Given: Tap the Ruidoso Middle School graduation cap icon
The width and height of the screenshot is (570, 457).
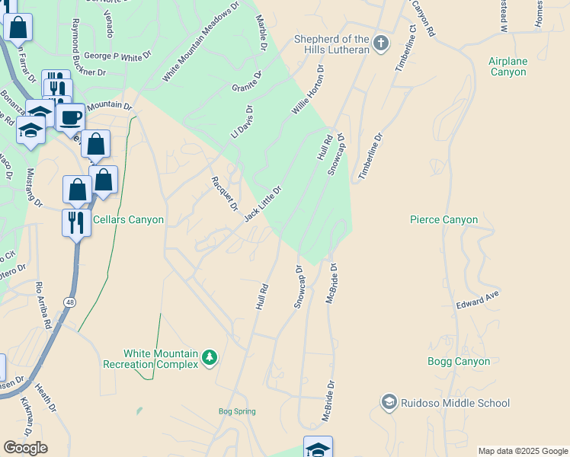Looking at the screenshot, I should pos(389,402).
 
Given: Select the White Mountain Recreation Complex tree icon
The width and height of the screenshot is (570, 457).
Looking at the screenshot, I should pos(210,356).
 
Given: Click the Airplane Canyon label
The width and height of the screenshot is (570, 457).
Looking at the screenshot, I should pos(508,66).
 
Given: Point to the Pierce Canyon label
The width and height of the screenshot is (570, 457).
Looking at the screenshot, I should pos(444,220).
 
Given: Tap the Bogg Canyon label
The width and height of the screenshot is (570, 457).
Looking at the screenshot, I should pos(459,362).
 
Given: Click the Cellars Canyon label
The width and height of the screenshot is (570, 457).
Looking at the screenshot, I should pos(128,220).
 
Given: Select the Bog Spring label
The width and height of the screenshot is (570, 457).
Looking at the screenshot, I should pos(237,411).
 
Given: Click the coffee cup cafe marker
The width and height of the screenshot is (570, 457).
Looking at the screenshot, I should pos(70,118).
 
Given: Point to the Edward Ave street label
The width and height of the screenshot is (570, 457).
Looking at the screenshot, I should pos(477,299).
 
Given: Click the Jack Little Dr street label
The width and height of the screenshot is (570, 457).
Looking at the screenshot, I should pos(263,203).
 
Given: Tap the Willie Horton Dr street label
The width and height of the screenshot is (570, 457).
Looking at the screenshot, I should pos(308,90).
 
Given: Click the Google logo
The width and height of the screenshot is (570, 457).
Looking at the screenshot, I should pos(25,448).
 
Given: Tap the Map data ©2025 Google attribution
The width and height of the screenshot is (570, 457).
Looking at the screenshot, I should pos(523,451).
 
